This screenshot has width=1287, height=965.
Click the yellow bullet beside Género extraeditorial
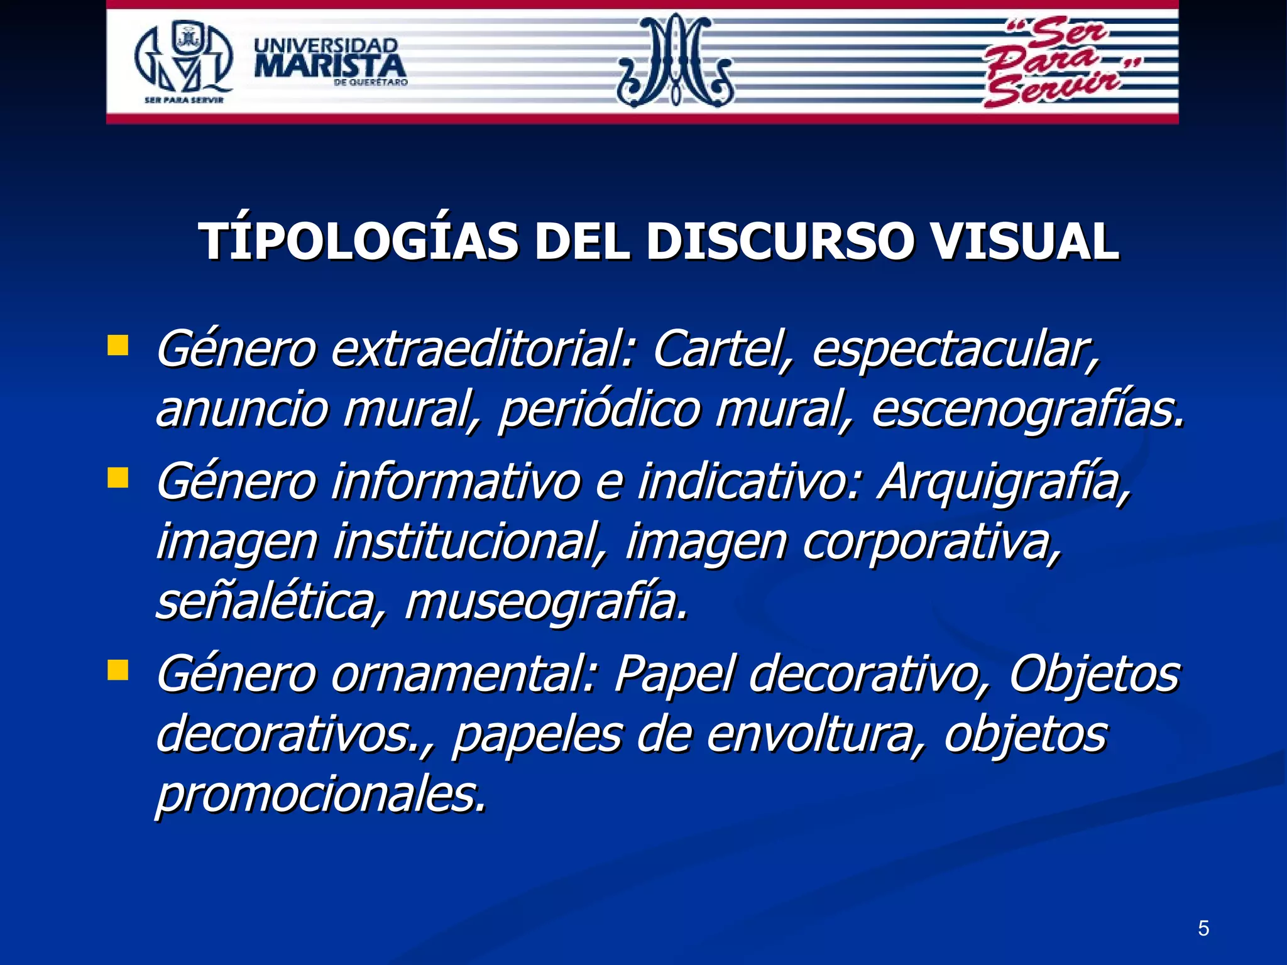[x=118, y=346]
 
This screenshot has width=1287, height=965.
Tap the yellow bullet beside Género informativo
[x=118, y=477]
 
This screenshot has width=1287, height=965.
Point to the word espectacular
[x=955, y=350]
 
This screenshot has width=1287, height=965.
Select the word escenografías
[x=1027, y=410]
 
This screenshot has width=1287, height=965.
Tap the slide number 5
[x=1203, y=928]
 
